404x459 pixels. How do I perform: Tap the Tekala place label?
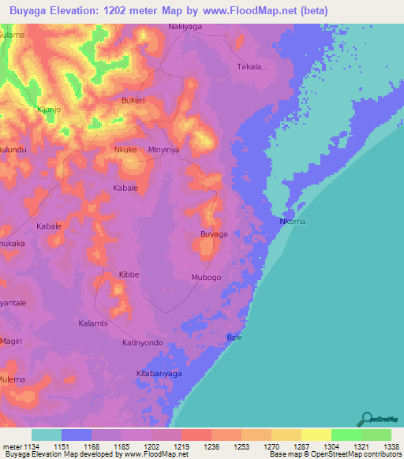point(249,67)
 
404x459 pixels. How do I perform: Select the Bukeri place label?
point(133,101)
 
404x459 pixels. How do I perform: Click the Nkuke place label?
point(125,149)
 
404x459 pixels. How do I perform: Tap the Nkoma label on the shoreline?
point(292,222)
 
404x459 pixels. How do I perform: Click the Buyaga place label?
point(214,234)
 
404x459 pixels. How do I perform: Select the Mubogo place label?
point(207,278)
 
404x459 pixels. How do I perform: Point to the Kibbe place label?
point(129,274)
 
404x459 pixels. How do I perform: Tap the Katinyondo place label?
point(142,342)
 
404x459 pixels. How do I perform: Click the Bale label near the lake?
point(234,338)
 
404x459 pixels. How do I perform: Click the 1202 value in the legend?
point(151,446)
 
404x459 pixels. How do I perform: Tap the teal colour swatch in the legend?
point(47,435)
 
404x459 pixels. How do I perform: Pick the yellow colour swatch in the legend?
point(316,435)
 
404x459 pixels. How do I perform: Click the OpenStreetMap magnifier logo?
point(365,419)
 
